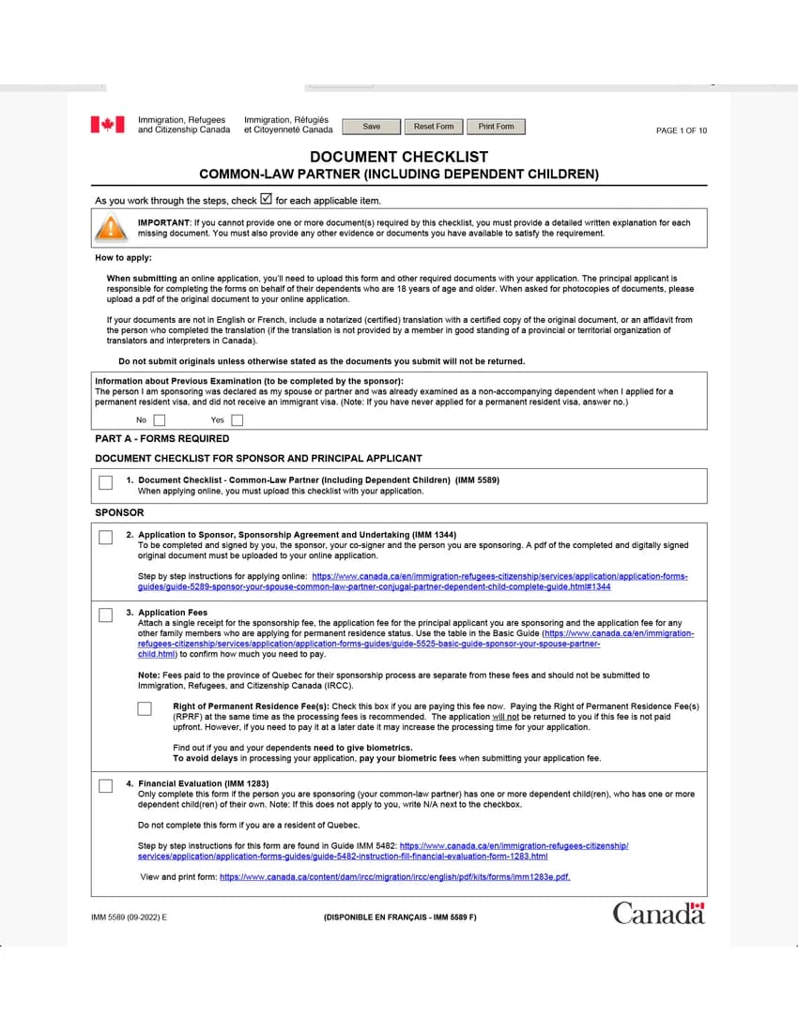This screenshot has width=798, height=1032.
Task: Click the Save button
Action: pyautogui.click(x=372, y=127)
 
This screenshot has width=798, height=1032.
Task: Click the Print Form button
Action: pyautogui.click(x=496, y=127)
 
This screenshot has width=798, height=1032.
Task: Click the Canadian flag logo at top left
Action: pyautogui.click(x=107, y=125)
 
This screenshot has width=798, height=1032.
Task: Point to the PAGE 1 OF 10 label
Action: pyautogui.click(x=681, y=130)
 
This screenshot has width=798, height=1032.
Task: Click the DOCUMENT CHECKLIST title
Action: pyautogui.click(x=399, y=157)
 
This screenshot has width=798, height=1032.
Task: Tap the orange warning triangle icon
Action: pyautogui.click(x=111, y=228)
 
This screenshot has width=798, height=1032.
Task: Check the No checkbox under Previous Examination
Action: pyautogui.click(x=160, y=420)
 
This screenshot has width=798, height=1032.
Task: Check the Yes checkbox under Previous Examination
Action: pyautogui.click(x=237, y=420)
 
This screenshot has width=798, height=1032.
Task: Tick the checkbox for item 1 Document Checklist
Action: pyautogui.click(x=105, y=483)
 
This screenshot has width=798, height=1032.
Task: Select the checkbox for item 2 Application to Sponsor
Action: pyautogui.click(x=105, y=538)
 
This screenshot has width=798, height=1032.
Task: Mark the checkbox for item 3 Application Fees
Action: pyautogui.click(x=105, y=615)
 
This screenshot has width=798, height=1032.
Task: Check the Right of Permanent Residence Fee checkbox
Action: pyautogui.click(x=145, y=708)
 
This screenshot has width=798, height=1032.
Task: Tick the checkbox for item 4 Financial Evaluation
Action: pyautogui.click(x=105, y=785)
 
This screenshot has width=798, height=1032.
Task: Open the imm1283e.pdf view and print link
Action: pyautogui.click(x=394, y=877)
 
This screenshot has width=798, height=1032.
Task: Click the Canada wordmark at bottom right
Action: pyautogui.click(x=658, y=913)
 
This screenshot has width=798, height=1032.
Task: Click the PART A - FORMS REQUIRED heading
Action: pyautogui.click(x=161, y=438)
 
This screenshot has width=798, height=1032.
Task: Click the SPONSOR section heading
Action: pyautogui.click(x=119, y=512)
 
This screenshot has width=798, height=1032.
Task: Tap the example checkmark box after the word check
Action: pyautogui.click(x=266, y=199)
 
